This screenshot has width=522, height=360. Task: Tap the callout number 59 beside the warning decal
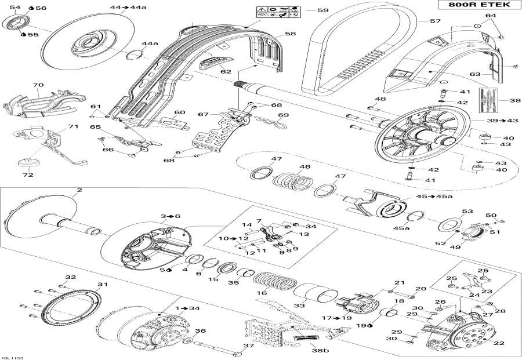(x=323, y=10)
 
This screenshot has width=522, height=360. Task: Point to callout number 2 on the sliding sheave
(x=79, y=190)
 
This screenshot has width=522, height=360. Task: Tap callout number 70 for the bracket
(x=38, y=85)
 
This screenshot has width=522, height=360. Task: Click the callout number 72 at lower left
(x=27, y=174)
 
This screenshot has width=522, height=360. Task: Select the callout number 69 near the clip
(x=282, y=115)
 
